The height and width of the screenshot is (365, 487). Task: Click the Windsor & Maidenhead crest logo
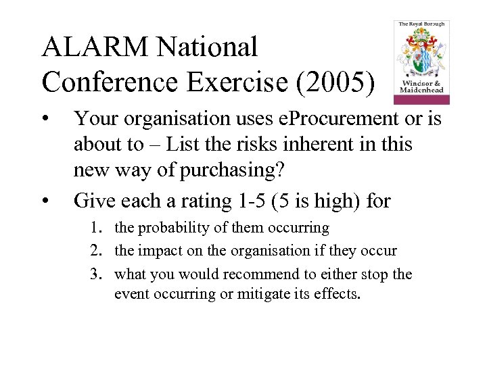click(x=421, y=62)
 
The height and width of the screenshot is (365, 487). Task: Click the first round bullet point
click(x=45, y=118)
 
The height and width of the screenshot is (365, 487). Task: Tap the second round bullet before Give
click(x=45, y=201)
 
